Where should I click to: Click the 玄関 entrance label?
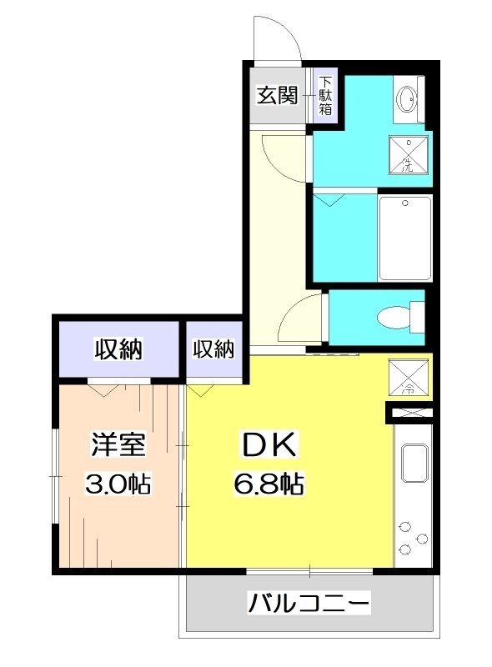276,95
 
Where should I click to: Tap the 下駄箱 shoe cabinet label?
325,96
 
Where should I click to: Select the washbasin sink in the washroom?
409,99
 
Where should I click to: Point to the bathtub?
405,238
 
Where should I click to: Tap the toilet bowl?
396,317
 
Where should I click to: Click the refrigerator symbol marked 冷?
409,378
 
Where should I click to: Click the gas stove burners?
412,539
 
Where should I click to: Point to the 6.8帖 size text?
269,483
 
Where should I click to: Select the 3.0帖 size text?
118,484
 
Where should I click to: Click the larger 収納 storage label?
118,349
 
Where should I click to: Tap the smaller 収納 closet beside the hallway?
213,349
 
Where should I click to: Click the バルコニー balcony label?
308,602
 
